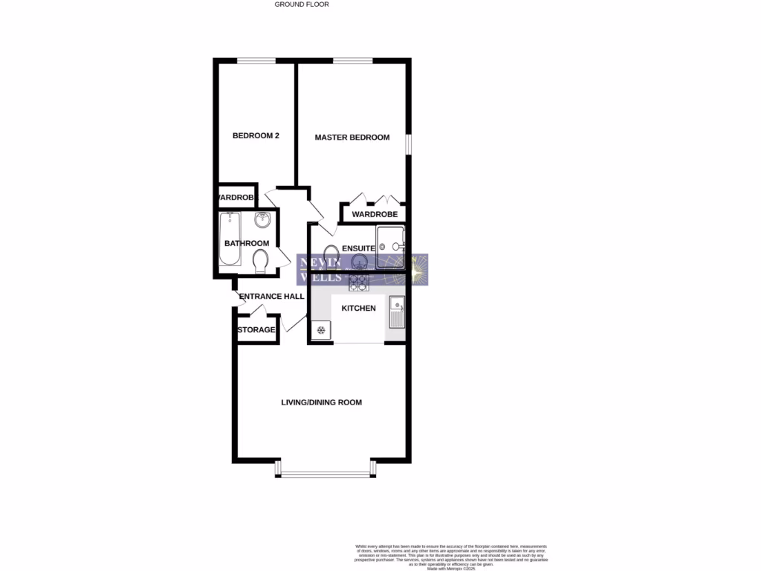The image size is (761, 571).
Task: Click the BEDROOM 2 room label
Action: click(255, 136)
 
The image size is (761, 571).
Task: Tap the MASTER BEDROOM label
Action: click(352, 138)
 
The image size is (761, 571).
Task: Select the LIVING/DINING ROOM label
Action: click(321, 403)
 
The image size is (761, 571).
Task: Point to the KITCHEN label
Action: click(358, 309)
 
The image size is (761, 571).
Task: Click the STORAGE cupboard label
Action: click(256, 330)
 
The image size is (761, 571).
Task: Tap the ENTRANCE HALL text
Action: click(271, 297)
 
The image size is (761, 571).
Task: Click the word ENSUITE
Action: click(357, 248)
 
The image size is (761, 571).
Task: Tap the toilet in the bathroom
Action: click(260, 262)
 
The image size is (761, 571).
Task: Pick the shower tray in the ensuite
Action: click(390, 247)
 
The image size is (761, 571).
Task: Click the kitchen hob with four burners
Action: click(358, 281)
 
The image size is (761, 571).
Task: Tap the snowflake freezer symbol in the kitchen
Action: click(321, 331)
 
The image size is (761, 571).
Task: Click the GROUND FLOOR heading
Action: click(302, 4)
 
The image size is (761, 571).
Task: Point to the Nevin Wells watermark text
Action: click(320, 269)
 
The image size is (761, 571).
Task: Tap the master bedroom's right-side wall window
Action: click(408, 144)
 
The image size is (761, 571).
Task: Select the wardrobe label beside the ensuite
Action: click(375, 215)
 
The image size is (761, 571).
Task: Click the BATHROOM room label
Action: click(247, 244)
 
